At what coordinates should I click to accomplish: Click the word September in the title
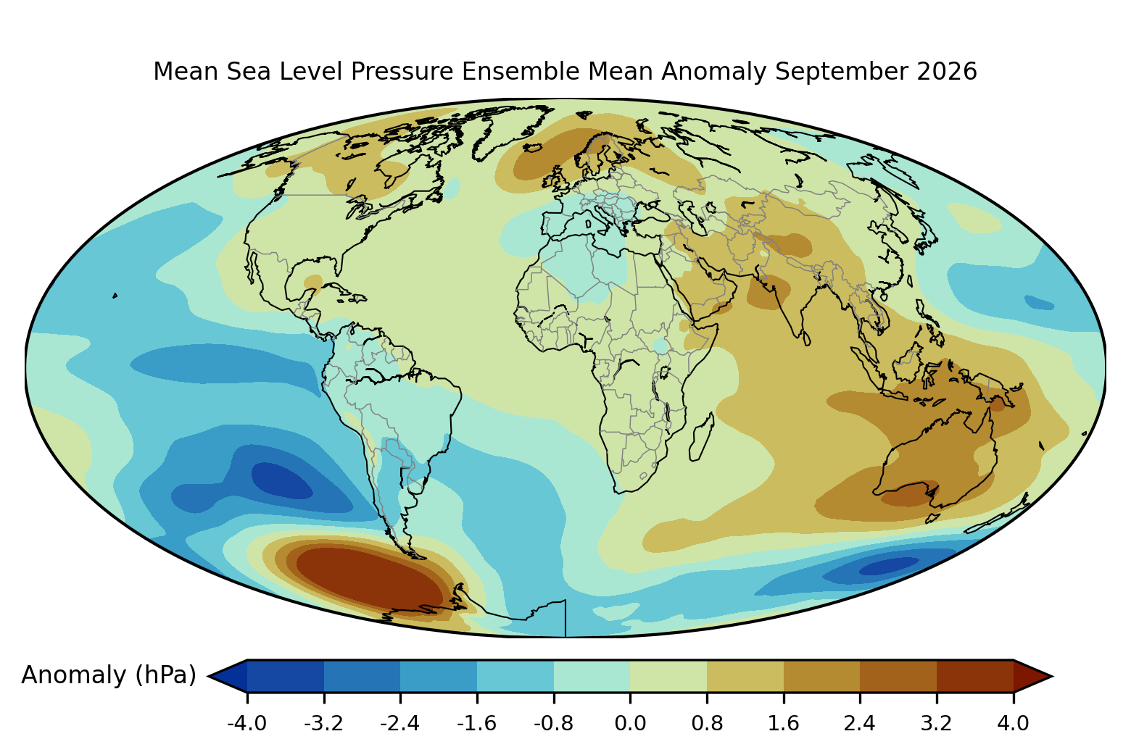click(x=841, y=72)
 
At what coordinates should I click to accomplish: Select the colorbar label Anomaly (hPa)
click(x=109, y=675)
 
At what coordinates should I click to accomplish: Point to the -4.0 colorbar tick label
click(x=247, y=723)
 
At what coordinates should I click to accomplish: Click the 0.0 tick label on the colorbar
click(x=630, y=723)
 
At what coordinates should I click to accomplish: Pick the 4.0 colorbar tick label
click(x=1013, y=723)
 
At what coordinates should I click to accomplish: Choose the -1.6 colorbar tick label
click(x=476, y=723)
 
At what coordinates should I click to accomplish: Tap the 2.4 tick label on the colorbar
click(x=860, y=723)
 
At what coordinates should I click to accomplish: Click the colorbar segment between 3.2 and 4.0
click(x=975, y=676)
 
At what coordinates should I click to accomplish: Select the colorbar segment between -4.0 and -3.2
click(x=285, y=676)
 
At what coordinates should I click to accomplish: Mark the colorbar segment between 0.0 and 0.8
click(x=668, y=676)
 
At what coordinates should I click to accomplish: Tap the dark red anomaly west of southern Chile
click(x=368, y=578)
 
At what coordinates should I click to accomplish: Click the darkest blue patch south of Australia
click(x=889, y=566)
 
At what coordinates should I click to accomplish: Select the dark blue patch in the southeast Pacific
click(x=281, y=480)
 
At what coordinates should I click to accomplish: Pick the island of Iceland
click(x=533, y=148)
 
